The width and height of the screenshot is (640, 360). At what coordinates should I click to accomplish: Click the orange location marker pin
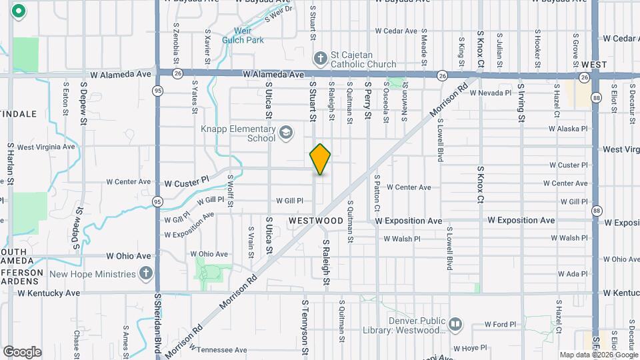click(x=321, y=159)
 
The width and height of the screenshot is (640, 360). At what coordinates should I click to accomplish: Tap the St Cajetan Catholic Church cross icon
click(x=321, y=58)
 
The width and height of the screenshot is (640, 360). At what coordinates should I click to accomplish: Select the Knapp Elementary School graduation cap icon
click(x=286, y=133)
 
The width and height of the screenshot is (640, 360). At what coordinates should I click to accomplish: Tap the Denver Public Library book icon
click(x=455, y=324)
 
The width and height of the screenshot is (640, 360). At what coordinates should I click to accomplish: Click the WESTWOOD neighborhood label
click(x=316, y=221)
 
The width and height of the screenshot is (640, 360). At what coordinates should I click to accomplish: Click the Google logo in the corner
click(x=22, y=352)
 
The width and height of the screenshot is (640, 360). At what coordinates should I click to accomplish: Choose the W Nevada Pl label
click(x=490, y=93)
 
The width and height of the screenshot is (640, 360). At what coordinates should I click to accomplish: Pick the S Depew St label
click(x=84, y=104)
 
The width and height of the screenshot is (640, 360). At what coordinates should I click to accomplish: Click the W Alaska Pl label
click(x=569, y=129)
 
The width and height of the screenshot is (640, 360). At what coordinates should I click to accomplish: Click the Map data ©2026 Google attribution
click(x=599, y=355)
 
